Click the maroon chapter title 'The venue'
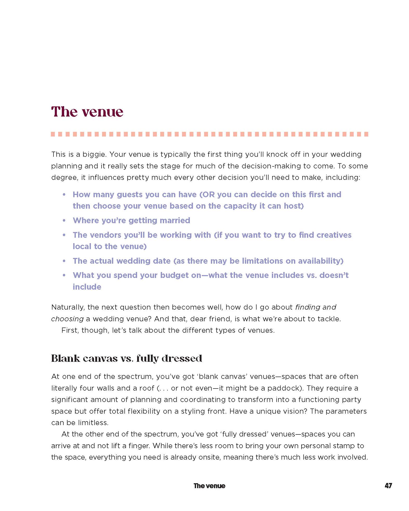87,112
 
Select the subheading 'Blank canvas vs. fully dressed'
126,358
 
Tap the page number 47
388,486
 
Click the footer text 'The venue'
209,486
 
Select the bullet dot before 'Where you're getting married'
64,221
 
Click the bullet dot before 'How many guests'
64,195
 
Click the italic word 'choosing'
67,319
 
